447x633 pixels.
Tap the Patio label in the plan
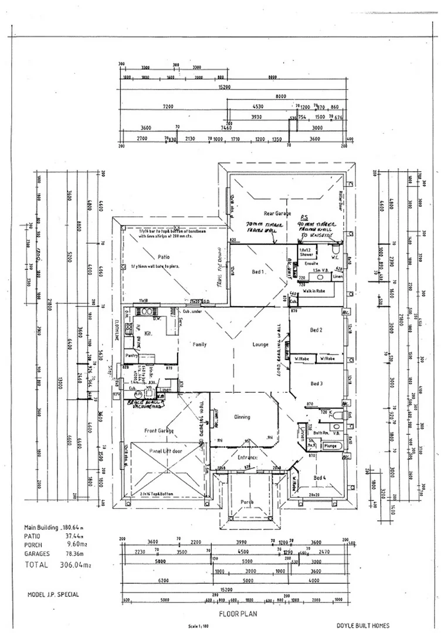point(163,257)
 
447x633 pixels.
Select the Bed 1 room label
point(259,272)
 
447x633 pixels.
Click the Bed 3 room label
point(317,383)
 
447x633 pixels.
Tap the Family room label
point(199,345)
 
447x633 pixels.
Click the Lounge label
point(260,345)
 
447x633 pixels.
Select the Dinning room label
point(242,417)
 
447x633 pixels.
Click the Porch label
point(248,502)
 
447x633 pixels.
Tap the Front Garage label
point(159,431)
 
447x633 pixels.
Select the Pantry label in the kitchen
point(131,356)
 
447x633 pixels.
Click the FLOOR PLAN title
point(235,615)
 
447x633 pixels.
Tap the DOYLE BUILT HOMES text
point(363,625)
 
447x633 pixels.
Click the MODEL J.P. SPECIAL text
point(53,594)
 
